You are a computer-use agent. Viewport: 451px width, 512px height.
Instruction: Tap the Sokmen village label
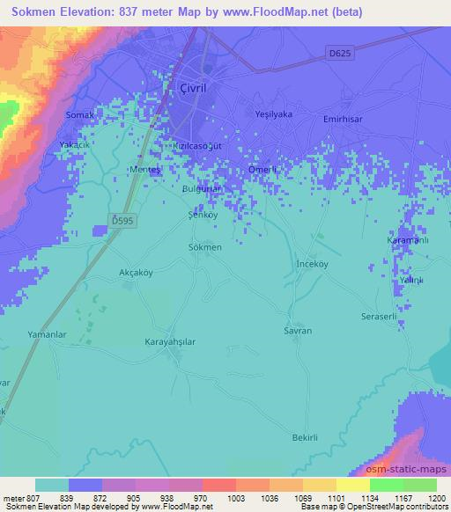(x=204, y=247)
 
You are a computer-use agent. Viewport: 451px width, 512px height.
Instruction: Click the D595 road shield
(x=122, y=219)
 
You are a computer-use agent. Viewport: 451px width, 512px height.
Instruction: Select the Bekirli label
(x=305, y=436)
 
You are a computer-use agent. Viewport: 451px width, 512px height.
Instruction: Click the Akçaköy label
(x=136, y=273)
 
